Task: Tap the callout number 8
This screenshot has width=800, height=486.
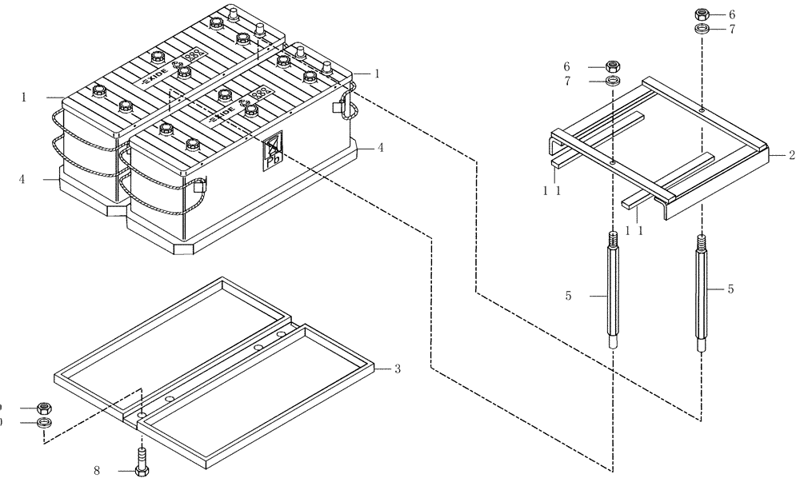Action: point(97,471)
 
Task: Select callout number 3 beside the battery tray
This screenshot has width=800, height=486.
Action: point(397,369)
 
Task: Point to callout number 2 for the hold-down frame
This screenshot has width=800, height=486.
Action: point(790,154)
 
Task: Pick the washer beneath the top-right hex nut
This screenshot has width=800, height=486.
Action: point(702,30)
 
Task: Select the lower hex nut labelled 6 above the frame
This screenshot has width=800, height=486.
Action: point(613,66)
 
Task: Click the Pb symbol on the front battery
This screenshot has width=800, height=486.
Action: point(273,149)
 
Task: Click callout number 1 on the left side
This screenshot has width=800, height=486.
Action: point(24,98)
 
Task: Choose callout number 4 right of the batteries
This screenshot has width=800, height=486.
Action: point(381,147)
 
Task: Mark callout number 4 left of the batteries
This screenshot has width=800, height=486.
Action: point(23,181)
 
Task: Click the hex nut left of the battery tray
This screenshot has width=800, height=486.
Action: point(45,408)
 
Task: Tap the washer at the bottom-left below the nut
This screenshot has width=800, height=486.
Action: point(45,422)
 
